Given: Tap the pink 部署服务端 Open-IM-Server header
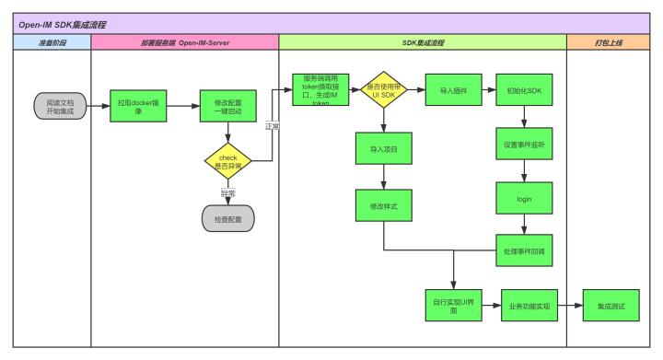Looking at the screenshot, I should pos(184,42).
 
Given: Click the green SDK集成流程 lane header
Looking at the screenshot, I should pos(422,42).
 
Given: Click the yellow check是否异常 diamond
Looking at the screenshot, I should pos(227,162).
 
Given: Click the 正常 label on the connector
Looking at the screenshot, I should pos(273,126).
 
